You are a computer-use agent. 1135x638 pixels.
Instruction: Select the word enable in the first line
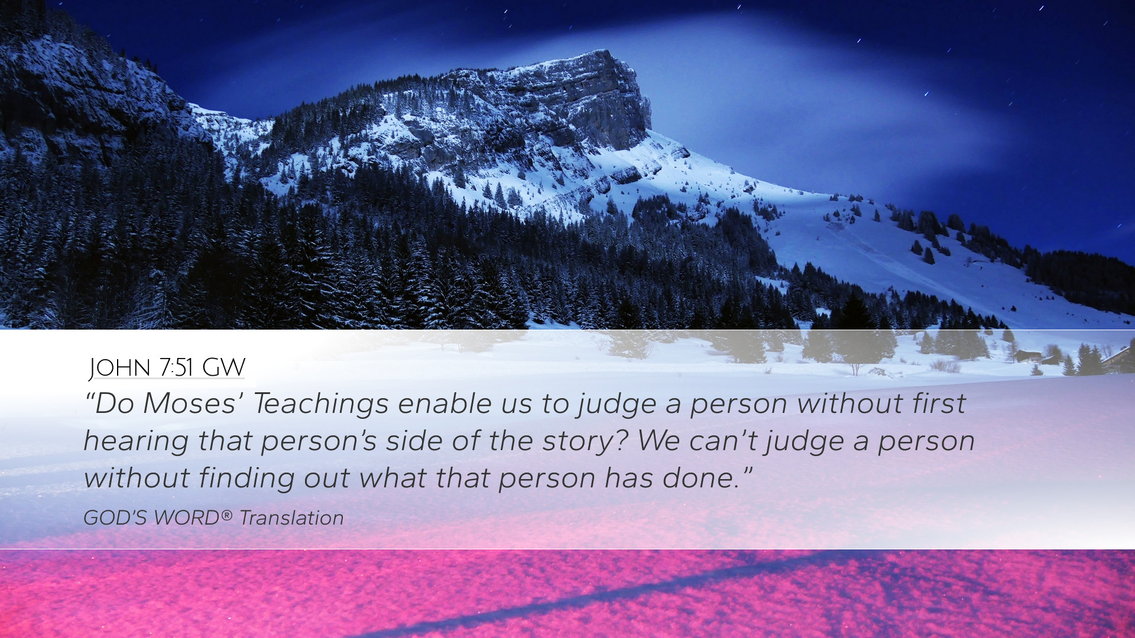(445, 403)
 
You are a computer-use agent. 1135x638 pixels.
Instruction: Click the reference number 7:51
(176, 367)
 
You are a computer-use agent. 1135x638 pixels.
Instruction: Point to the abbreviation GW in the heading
(223, 367)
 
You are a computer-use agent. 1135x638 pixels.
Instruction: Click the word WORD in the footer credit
(187, 518)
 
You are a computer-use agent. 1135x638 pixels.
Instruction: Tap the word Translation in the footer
(291, 518)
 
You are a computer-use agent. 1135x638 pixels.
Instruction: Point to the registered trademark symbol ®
(227, 515)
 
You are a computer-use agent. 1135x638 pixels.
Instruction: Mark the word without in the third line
(137, 478)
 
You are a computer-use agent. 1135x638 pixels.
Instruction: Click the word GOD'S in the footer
(116, 518)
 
